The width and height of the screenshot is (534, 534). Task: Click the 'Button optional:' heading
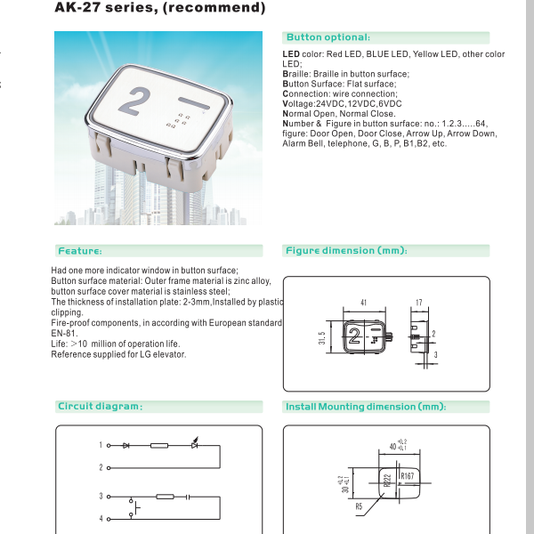coord(327,37)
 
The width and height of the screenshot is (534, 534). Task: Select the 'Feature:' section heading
coord(80,251)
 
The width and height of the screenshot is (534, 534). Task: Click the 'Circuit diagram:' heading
coord(100,407)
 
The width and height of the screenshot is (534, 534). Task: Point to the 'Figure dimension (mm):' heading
coord(346,251)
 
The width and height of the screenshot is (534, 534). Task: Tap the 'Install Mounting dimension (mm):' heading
coord(365,407)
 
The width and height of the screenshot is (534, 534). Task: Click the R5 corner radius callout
coord(359,507)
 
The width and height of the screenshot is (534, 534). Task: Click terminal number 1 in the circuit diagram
coord(101,444)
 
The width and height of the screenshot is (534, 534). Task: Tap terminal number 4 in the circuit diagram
coord(101,518)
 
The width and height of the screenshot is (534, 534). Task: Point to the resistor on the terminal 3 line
coord(165,496)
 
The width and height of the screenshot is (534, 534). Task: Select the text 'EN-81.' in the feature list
coord(65,333)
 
